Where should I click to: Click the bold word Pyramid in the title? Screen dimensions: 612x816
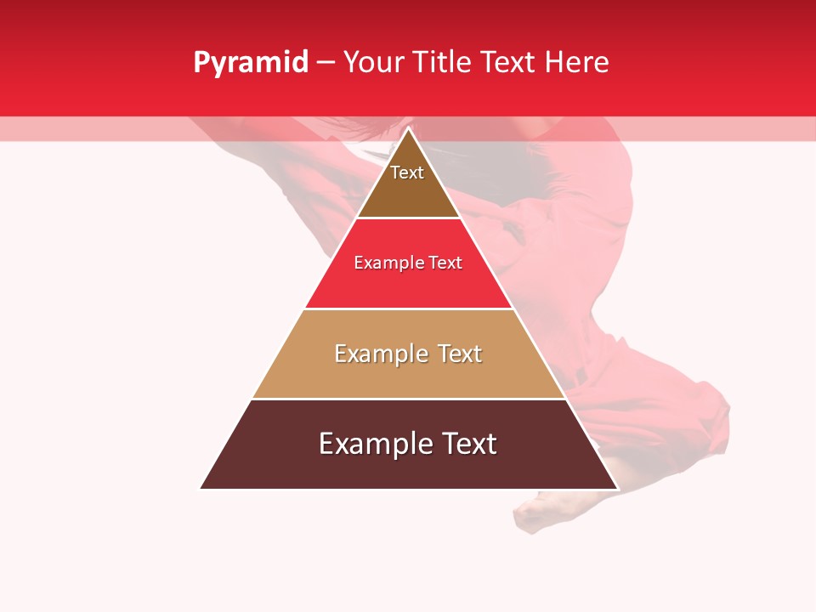[250, 63]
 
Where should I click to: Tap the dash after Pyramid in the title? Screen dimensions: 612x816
[326, 63]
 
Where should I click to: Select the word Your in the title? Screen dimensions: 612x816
[372, 63]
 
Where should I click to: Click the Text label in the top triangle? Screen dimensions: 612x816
[407, 173]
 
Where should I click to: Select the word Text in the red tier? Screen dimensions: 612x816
[445, 263]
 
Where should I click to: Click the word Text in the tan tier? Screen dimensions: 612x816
[461, 354]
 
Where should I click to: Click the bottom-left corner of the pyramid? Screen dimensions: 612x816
[201, 488]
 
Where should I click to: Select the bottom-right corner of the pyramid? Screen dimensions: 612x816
[617, 488]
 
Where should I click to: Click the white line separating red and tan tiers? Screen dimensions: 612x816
[409, 309]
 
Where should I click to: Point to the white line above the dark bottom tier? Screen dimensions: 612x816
[409, 399]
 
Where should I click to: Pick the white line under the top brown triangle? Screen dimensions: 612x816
[409, 218]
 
